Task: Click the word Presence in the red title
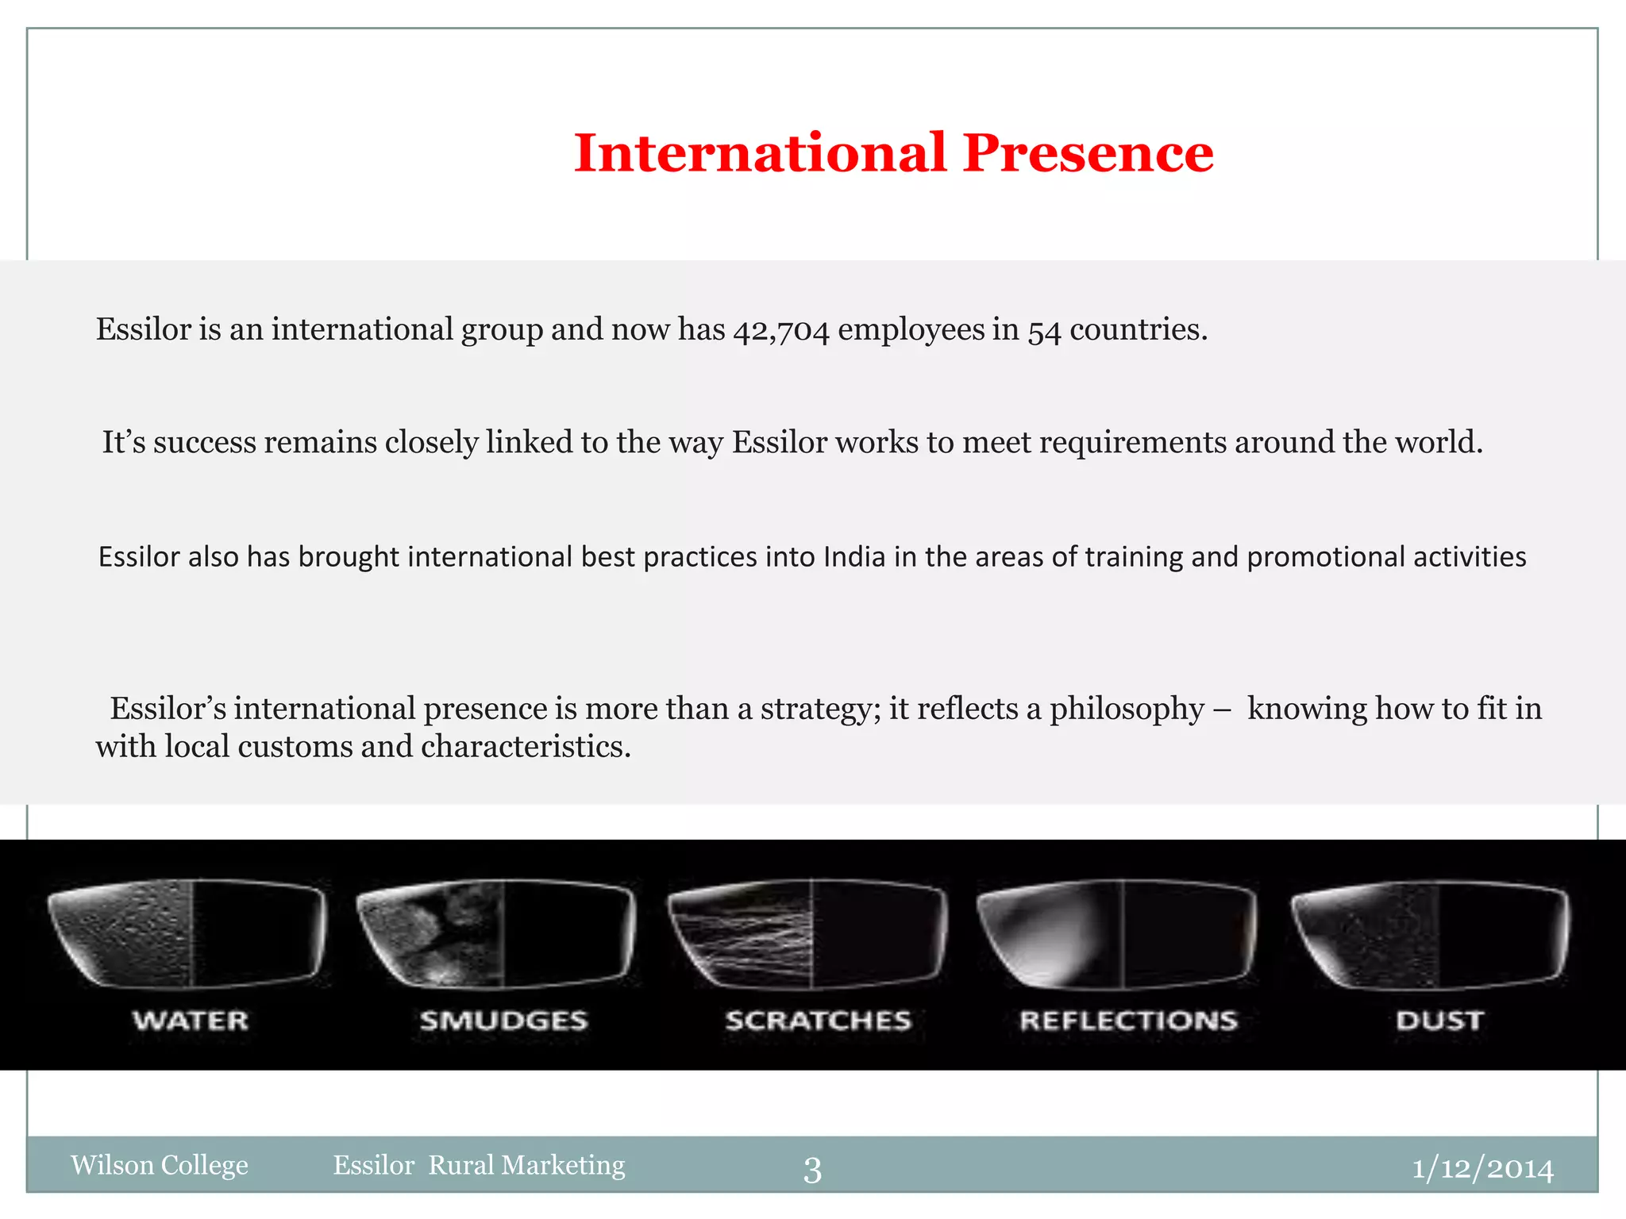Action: (x=1088, y=152)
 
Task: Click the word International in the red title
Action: (x=760, y=152)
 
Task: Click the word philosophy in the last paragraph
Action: (x=1127, y=709)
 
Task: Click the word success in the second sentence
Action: (x=204, y=443)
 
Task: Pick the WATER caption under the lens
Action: (x=191, y=1021)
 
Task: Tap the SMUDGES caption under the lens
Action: (x=504, y=1021)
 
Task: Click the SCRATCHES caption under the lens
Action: (x=818, y=1021)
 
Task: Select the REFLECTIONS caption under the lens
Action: (x=1128, y=1021)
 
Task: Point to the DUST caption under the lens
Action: (x=1439, y=1021)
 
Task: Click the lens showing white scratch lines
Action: (x=808, y=933)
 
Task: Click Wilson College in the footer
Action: (x=160, y=1165)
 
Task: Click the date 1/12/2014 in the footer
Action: (x=1482, y=1168)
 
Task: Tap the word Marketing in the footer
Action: (x=564, y=1165)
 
